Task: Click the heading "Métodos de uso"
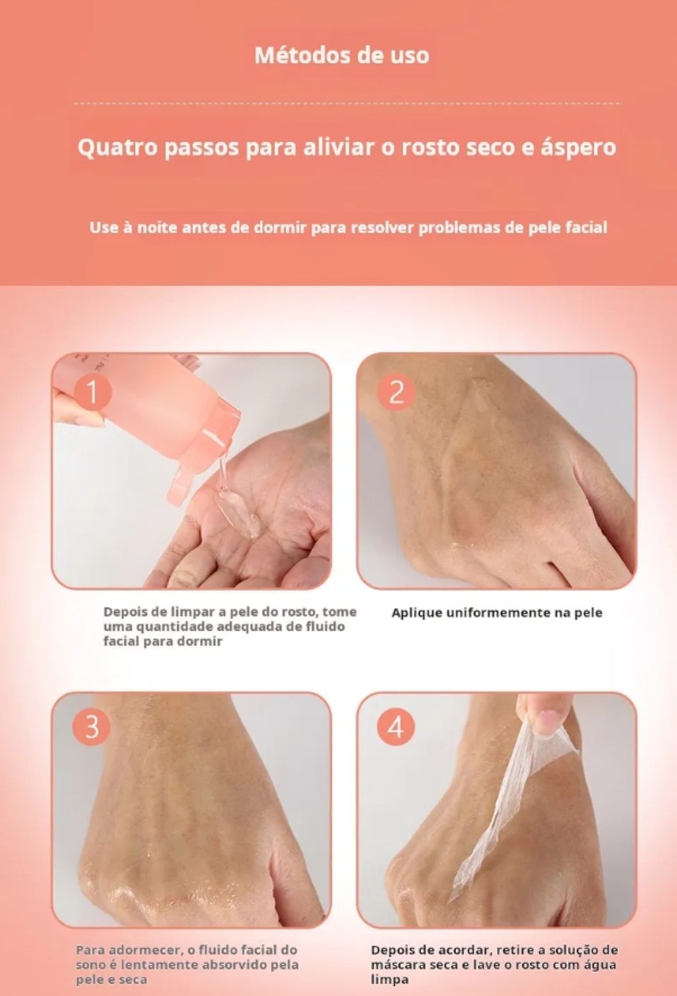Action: coord(342,56)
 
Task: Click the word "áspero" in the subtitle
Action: coord(578,148)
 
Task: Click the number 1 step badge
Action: coord(92,392)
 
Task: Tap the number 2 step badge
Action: coord(396,392)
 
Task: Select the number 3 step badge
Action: coord(92,728)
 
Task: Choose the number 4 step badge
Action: coord(396,728)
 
